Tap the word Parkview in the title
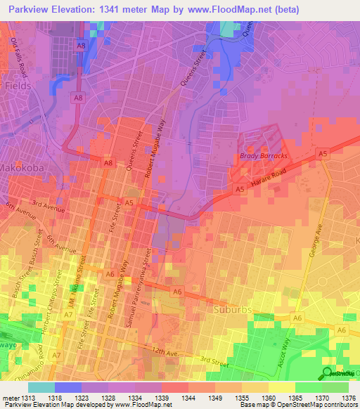click(34, 10)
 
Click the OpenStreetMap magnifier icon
click(328, 373)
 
